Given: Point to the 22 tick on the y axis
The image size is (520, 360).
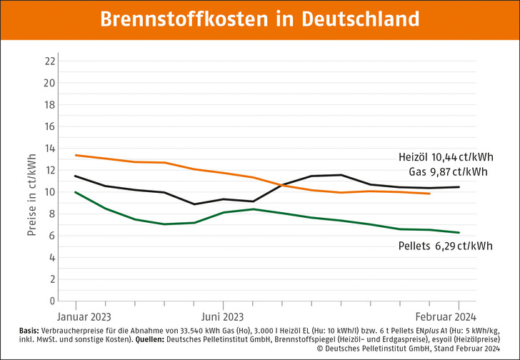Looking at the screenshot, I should click(x=49, y=61).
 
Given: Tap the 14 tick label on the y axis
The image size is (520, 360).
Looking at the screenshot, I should click(x=49, y=148).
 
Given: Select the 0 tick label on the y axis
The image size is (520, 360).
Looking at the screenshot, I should click(x=52, y=301).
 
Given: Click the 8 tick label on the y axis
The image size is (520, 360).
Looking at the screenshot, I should click(x=52, y=214).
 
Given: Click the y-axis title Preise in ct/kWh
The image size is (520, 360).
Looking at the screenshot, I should click(x=32, y=181).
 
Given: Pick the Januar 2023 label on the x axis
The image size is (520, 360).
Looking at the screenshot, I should click(x=84, y=316).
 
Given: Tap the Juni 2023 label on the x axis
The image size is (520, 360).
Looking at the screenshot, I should click(x=222, y=316).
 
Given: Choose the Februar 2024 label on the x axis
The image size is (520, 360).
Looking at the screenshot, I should click(x=446, y=316).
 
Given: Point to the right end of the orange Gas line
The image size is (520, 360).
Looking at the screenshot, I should click(x=429, y=194).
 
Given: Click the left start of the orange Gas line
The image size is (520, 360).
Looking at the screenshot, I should click(x=76, y=155).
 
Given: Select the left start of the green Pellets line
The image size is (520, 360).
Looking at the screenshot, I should click(x=76, y=192).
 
